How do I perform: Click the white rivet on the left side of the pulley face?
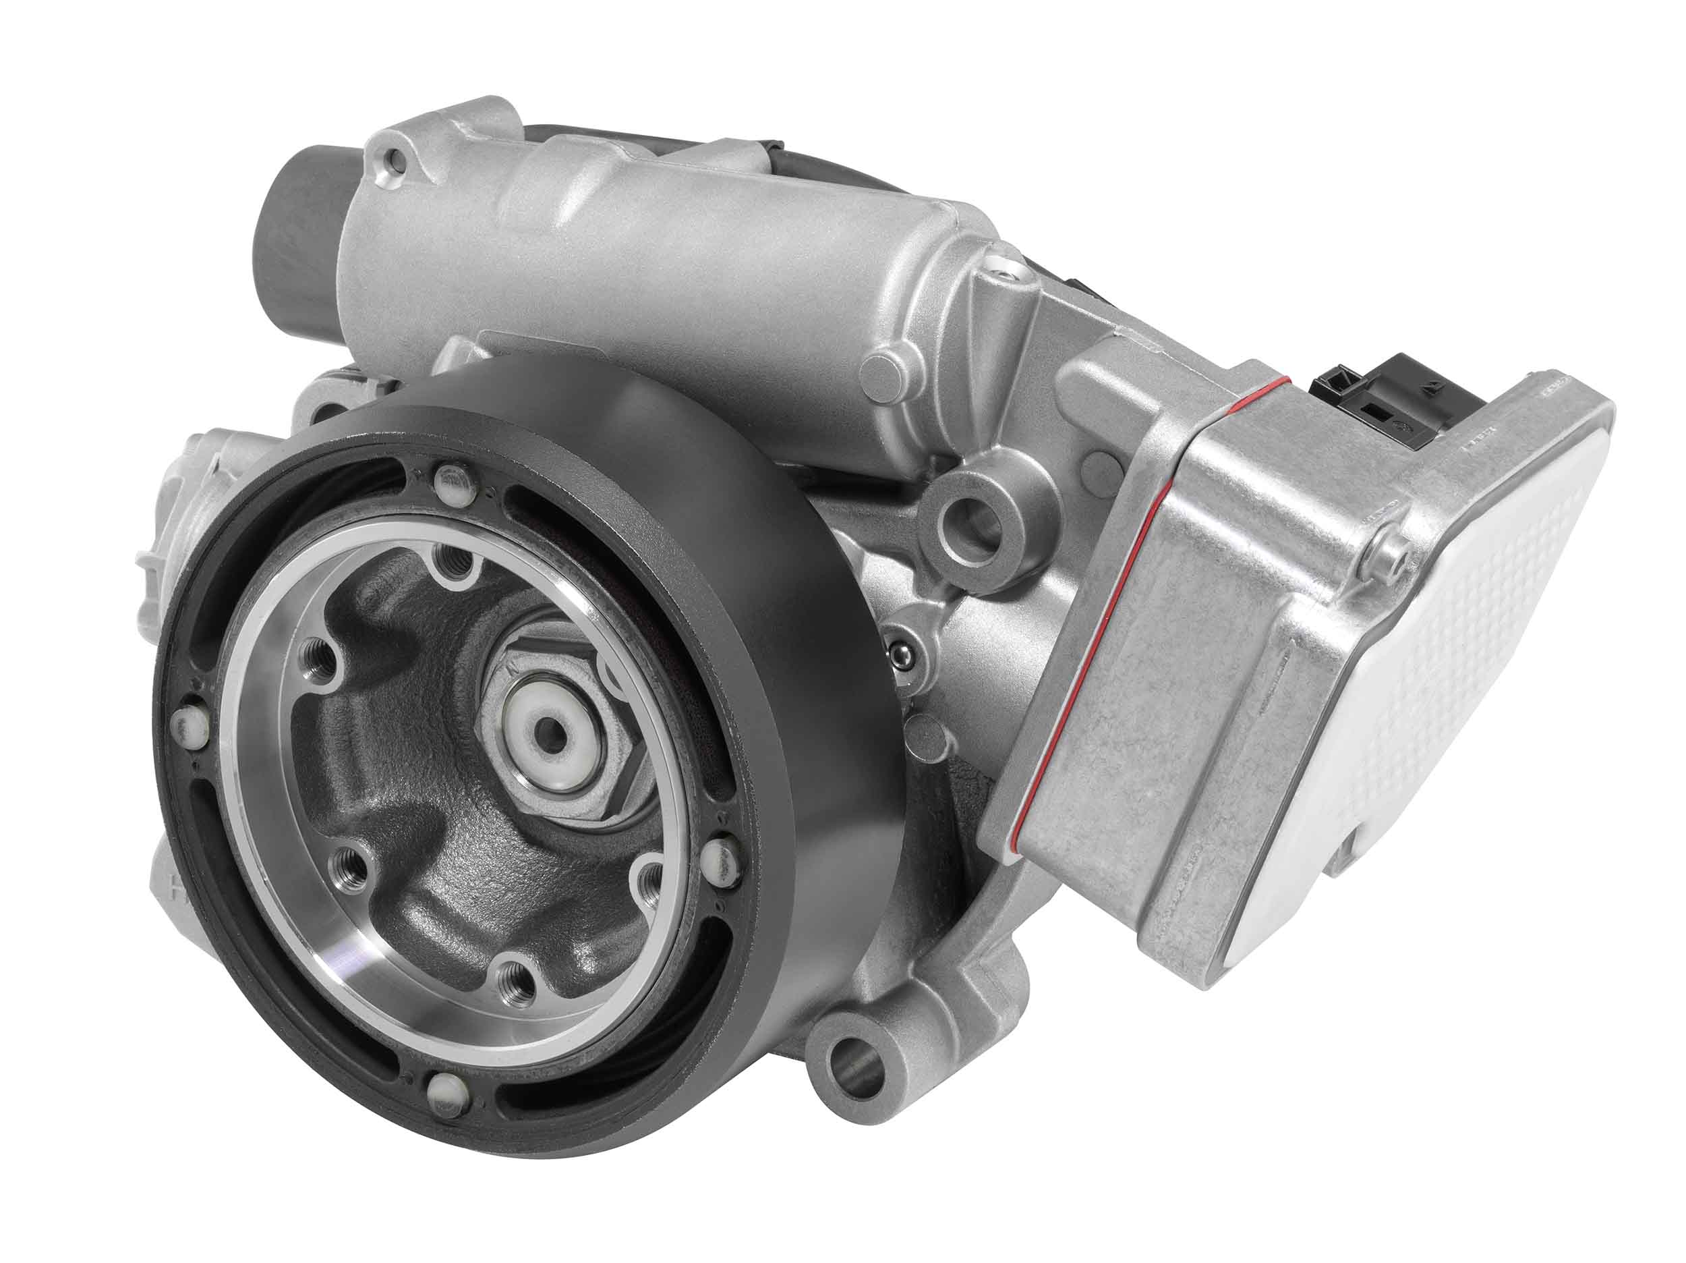pos(185,725)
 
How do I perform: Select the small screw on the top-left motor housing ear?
pos(393,159)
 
